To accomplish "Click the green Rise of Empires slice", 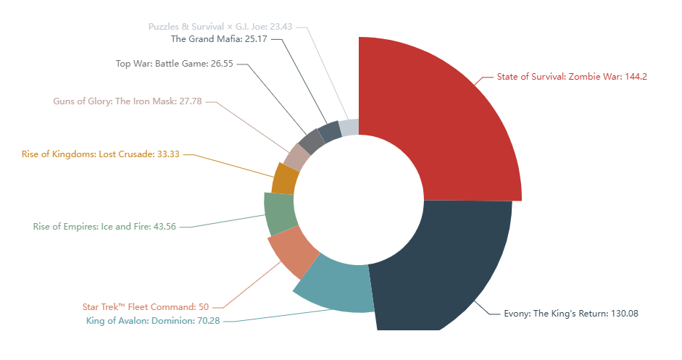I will point(278,214).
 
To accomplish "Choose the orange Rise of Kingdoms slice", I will point(285,179).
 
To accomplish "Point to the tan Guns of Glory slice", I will point(296,155).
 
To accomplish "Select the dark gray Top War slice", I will point(311,140).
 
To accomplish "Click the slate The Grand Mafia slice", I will point(330,131).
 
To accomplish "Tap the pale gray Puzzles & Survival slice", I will point(349,127).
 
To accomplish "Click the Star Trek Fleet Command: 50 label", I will point(146,307).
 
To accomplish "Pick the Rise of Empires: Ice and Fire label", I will point(104,227).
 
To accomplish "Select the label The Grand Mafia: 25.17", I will point(219,38).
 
